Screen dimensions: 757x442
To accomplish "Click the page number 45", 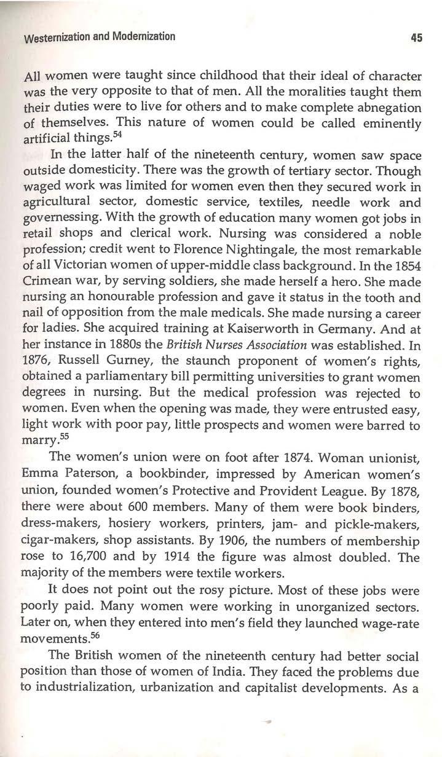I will (x=417, y=37).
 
